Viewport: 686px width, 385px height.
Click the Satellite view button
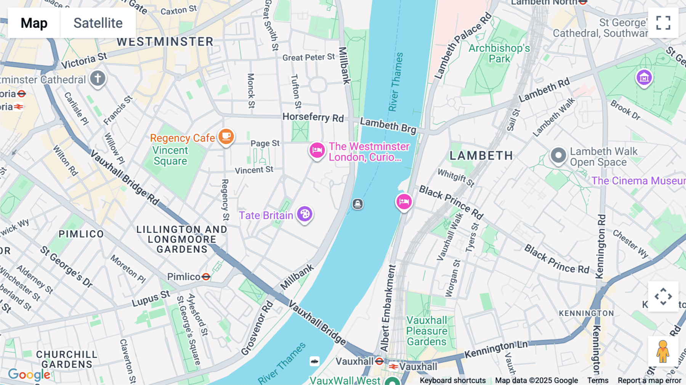[x=98, y=23]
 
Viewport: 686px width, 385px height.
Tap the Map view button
[x=34, y=23]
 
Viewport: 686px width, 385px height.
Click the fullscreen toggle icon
[x=663, y=23]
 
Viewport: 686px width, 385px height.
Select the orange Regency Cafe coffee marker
[x=226, y=136]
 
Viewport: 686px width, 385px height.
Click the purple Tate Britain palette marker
[x=305, y=214]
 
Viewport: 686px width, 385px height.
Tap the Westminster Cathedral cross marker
[x=98, y=79]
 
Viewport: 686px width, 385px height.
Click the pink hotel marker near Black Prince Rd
[x=404, y=201]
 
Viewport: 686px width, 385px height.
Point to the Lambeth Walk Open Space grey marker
[x=558, y=156]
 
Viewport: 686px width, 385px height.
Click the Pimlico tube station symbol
[x=206, y=277]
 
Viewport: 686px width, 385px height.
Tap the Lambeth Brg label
[x=388, y=125]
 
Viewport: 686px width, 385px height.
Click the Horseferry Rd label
[x=313, y=117]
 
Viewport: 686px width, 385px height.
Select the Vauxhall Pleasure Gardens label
[x=426, y=331]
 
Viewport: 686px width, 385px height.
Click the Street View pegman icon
[x=663, y=351]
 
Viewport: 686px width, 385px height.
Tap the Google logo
[x=29, y=374]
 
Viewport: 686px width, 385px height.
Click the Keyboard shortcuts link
[x=452, y=380]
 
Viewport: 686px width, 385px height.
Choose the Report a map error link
[x=649, y=380]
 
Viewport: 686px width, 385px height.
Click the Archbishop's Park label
[x=499, y=53]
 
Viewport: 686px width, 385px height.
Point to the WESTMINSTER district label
[x=165, y=42]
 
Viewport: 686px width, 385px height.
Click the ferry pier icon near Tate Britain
[x=357, y=204]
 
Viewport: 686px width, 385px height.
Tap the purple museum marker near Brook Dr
[x=644, y=78]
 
